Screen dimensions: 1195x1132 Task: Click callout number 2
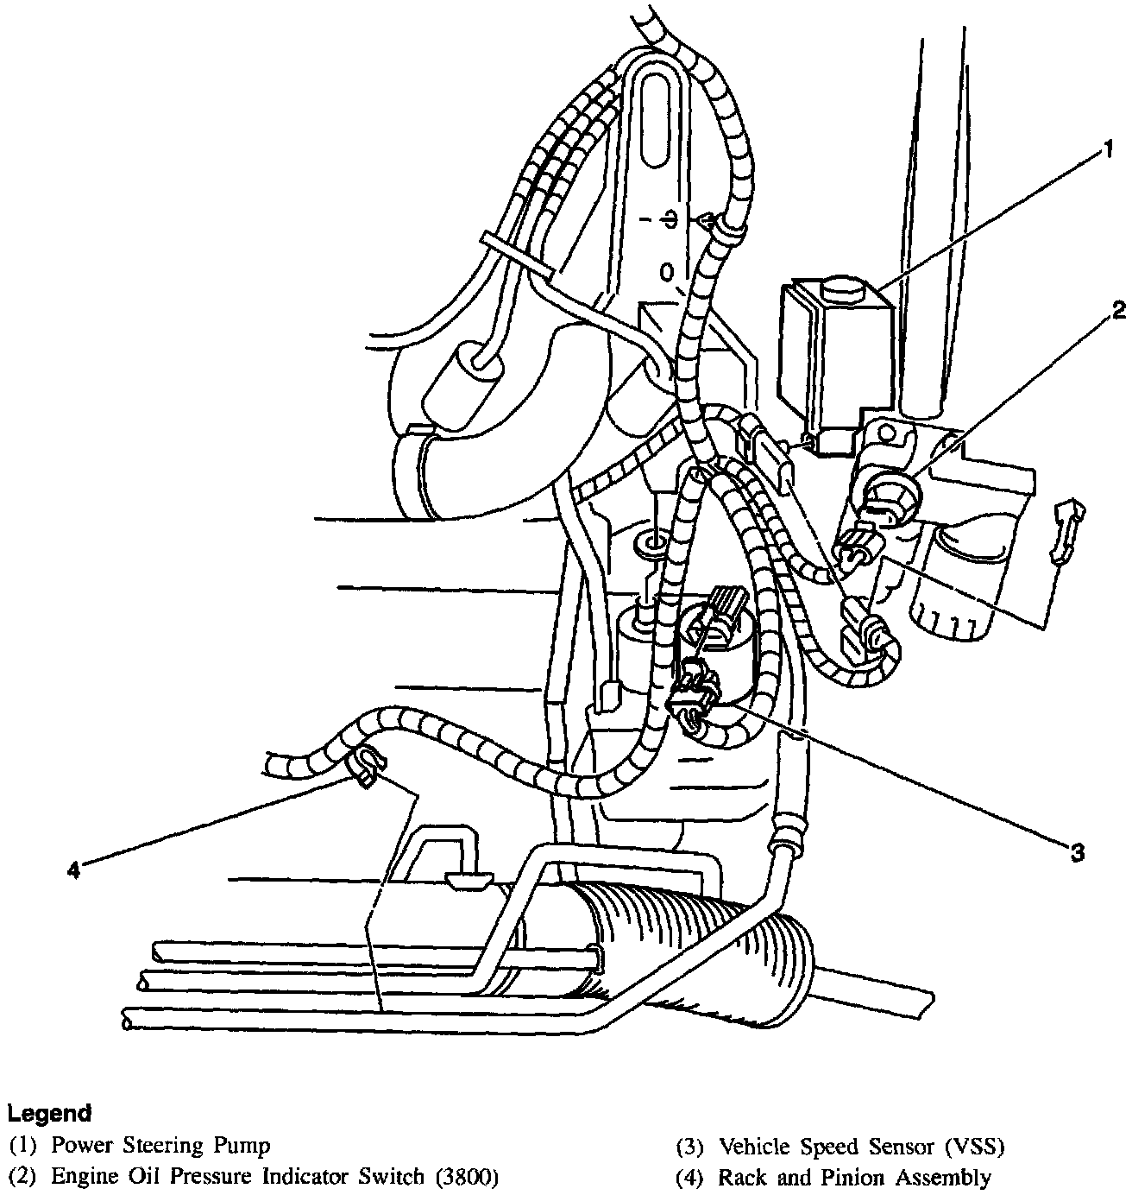click(x=1118, y=309)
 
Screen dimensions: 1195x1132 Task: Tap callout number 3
click(x=1077, y=852)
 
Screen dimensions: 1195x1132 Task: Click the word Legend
click(x=50, y=1113)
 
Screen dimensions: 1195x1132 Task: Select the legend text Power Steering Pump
click(x=160, y=1146)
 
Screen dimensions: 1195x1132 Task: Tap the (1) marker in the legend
click(x=23, y=1147)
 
